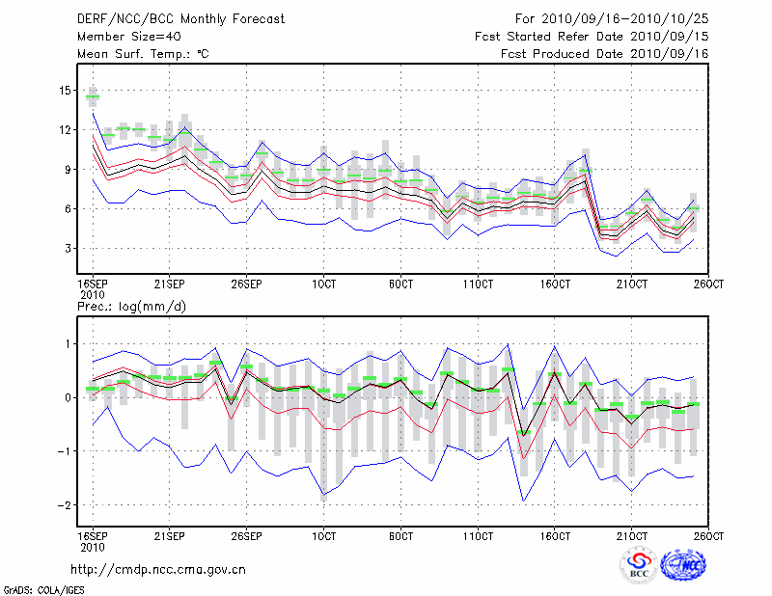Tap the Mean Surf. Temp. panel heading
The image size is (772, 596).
tap(142, 54)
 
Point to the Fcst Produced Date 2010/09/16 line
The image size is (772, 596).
tap(605, 54)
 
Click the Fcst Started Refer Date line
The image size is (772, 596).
tap(593, 36)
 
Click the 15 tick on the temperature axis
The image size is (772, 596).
tap(66, 91)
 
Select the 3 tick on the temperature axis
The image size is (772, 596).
tap(69, 249)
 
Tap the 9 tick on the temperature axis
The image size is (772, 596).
tap(69, 170)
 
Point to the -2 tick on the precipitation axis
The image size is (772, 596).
tap(66, 505)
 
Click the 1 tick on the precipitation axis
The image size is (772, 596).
tap(69, 344)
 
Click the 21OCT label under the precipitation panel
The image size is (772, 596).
tap(631, 536)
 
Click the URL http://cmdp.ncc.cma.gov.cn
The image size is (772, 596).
tap(158, 569)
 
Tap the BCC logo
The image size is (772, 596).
tap(639, 564)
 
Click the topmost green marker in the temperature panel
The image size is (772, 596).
tap(93, 96)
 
